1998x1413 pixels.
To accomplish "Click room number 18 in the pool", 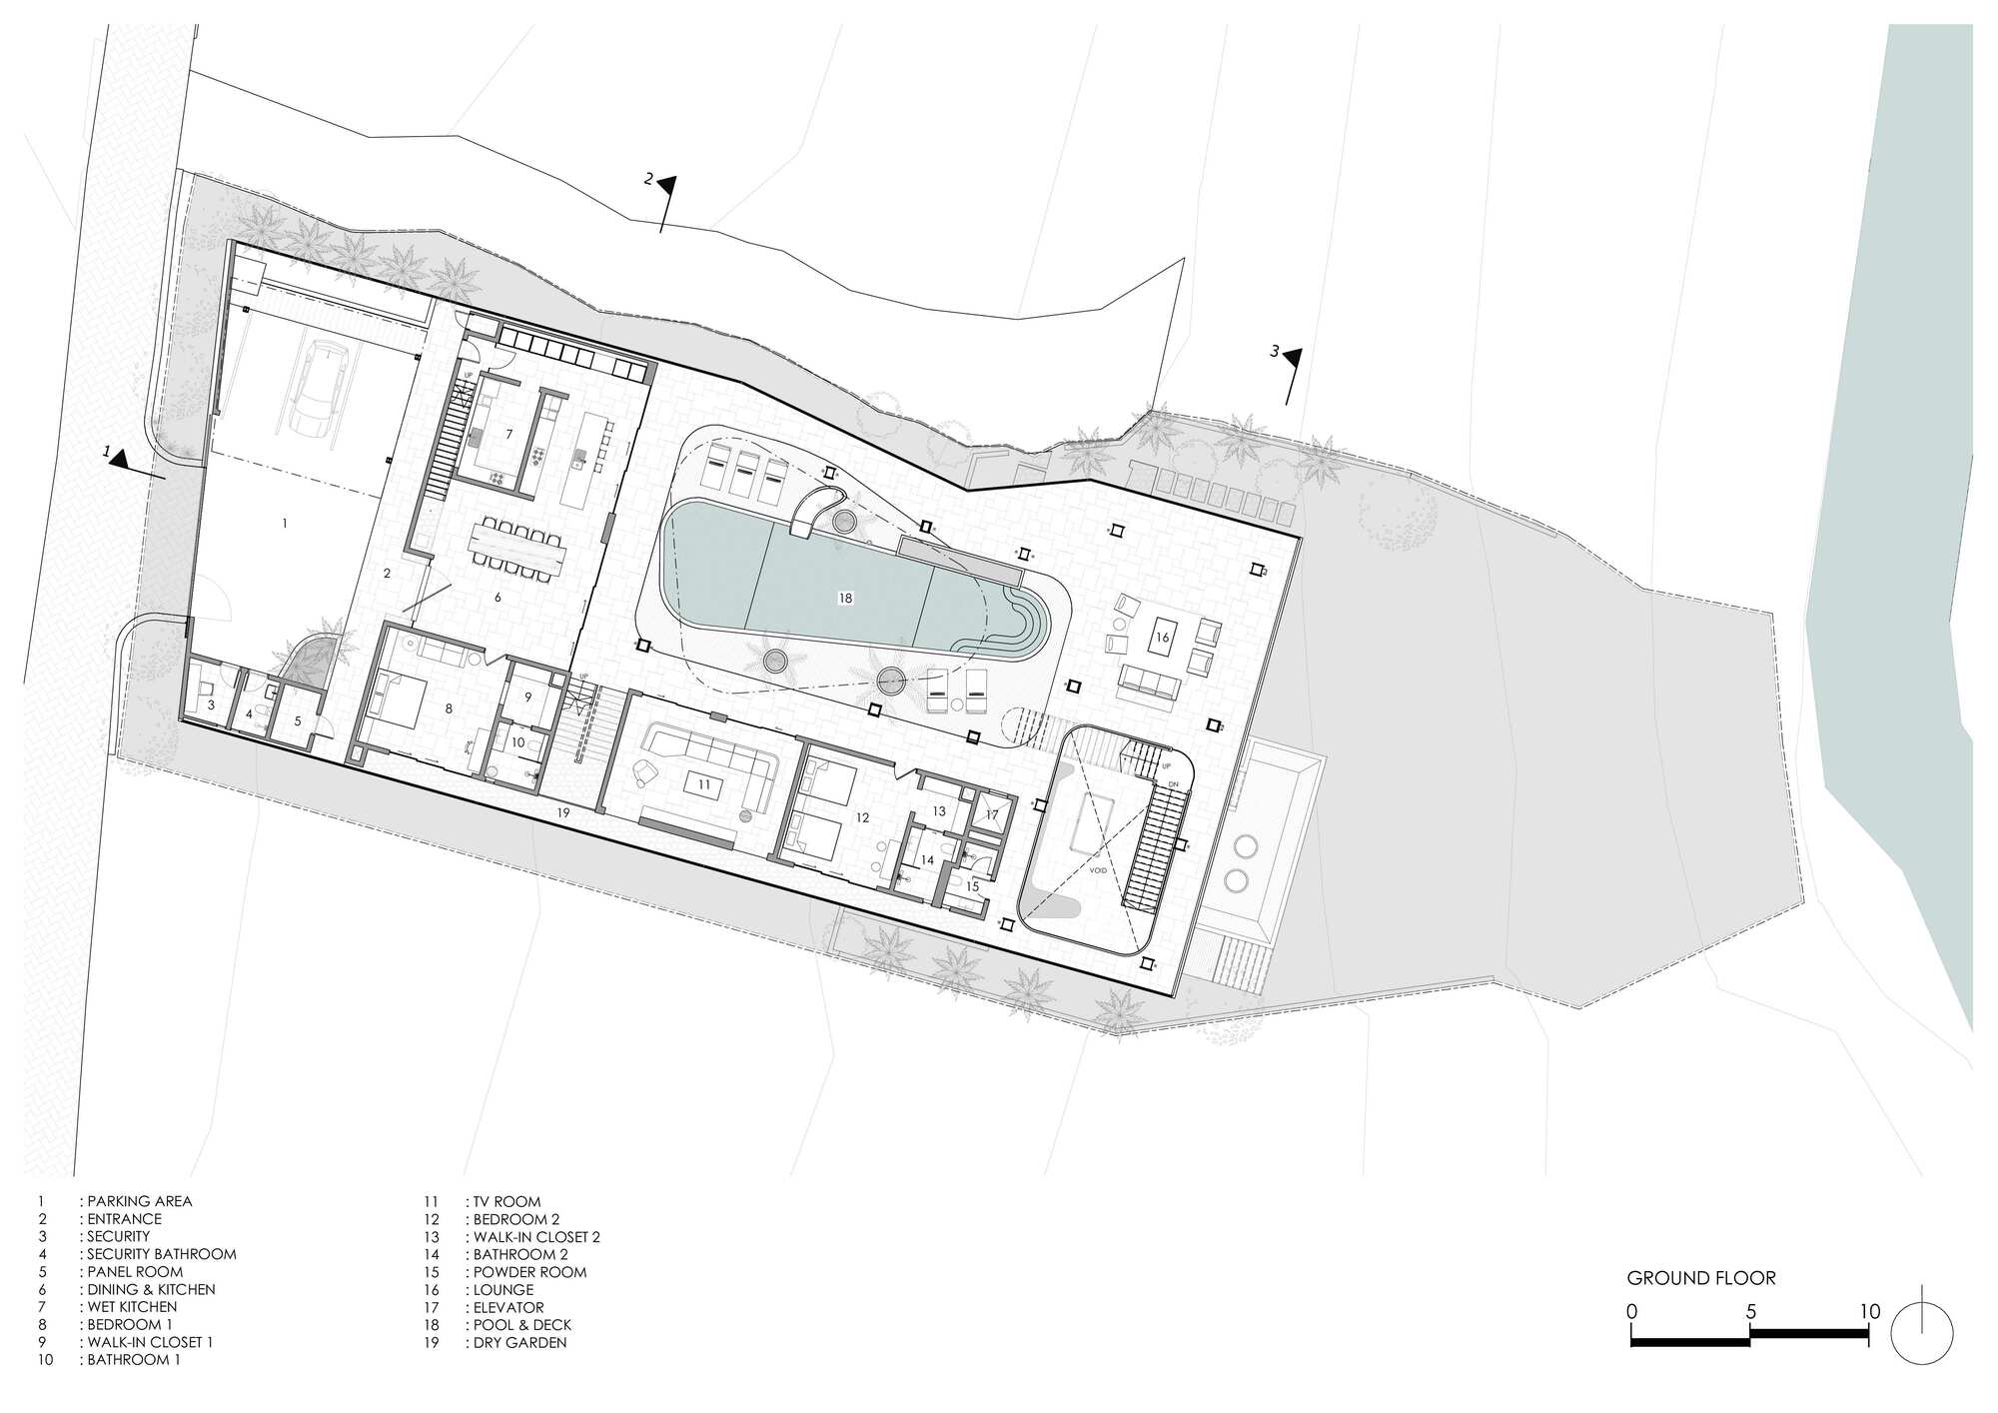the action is [845, 598].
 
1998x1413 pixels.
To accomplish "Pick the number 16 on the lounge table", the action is [1162, 637].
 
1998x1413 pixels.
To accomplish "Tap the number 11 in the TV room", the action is [704, 784].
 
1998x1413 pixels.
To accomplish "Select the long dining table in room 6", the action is [518, 549].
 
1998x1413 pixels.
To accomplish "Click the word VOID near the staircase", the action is [1097, 870].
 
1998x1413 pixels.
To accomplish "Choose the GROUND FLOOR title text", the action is [1701, 1278].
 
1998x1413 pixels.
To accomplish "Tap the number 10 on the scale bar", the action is [1870, 1311].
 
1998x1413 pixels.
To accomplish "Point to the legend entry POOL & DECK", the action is [522, 1325].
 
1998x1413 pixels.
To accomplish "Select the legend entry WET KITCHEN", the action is [132, 1307].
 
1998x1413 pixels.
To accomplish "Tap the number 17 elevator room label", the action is [991, 815].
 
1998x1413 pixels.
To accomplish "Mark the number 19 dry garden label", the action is [563, 813].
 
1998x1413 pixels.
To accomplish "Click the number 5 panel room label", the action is [297, 720].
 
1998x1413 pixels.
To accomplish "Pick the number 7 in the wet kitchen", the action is [508, 434].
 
